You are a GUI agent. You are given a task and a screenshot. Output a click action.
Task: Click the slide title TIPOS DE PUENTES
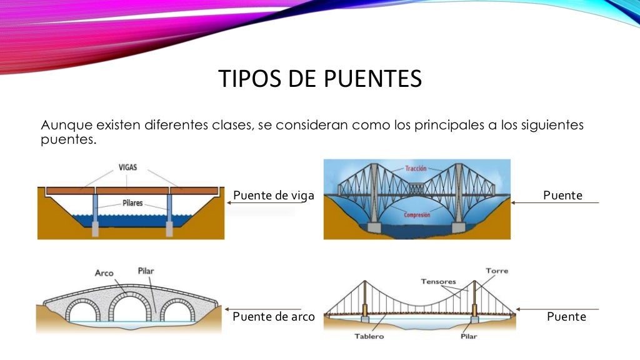coord(320,79)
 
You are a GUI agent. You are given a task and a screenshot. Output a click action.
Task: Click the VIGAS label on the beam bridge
coord(127,167)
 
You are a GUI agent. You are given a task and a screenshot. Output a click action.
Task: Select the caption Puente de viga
coord(273,196)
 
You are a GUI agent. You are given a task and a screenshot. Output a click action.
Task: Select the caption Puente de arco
coord(273,316)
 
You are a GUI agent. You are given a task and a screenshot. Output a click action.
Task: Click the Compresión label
coord(417,215)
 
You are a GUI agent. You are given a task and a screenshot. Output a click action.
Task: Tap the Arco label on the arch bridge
coord(104,272)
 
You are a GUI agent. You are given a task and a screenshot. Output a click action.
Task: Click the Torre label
coord(497,271)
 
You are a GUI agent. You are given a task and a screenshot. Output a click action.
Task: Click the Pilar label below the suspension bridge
coord(467,336)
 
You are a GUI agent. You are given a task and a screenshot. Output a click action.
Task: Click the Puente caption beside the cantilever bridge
coord(562,196)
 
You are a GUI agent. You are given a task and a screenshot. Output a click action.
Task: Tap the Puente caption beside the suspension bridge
coord(566,317)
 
